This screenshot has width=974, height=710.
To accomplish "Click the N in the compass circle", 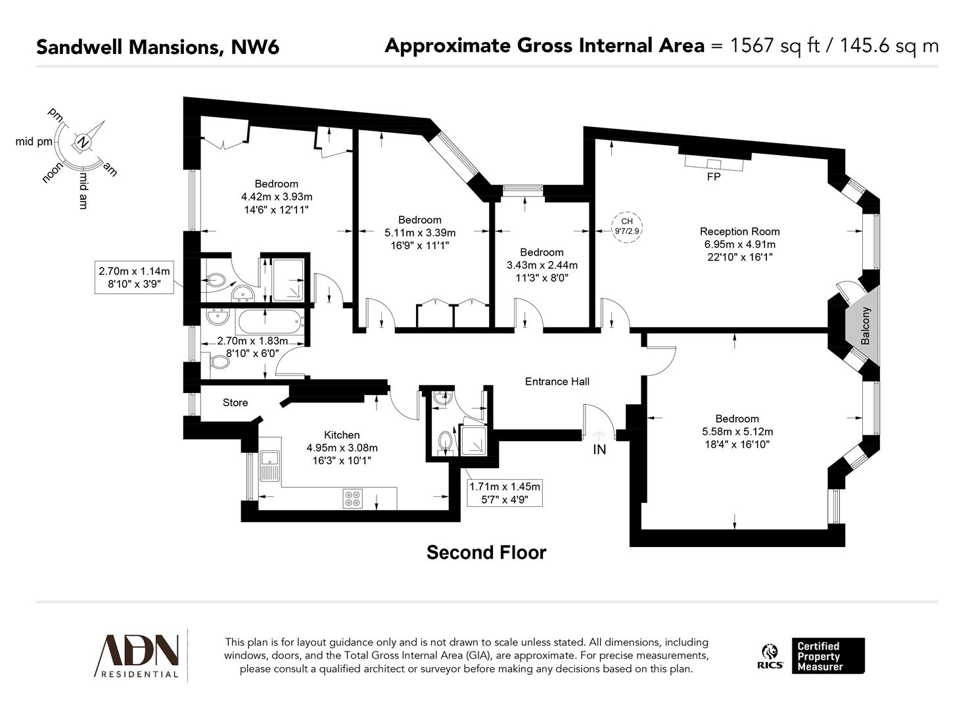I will tap(83, 141).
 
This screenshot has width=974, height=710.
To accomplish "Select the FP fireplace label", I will tap(714, 177).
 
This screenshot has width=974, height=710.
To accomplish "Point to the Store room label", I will tap(235, 402).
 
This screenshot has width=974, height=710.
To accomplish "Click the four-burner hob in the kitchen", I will tap(352, 499).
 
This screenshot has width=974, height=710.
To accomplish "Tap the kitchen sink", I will tap(269, 467).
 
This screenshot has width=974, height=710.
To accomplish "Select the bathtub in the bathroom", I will tap(270, 322).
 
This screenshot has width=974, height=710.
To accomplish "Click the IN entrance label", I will tap(599, 450).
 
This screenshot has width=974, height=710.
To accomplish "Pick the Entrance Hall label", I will tap(557, 381).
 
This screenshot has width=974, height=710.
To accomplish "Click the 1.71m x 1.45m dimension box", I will tap(505, 493).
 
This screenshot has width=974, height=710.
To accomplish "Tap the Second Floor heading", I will tap(486, 552).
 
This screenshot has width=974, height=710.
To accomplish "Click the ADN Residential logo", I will tap(138, 655).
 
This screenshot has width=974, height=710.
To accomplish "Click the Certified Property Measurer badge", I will tap(827, 655).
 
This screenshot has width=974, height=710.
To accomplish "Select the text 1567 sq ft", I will tap(776, 45).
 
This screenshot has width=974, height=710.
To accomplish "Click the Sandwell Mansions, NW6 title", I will tap(158, 47).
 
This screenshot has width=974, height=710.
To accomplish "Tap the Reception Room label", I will tap(739, 231).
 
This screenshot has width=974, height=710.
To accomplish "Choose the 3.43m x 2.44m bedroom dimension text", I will tap(542, 265).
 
